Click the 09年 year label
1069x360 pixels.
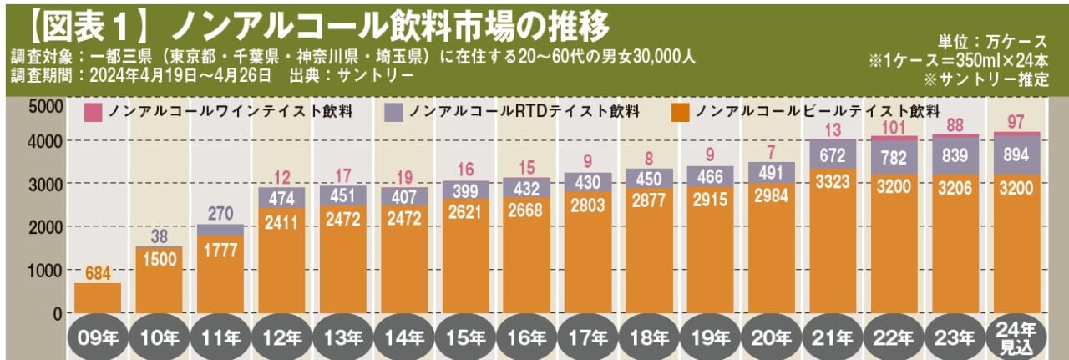[x=98, y=339]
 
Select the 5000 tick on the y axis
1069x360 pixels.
[x=44, y=107]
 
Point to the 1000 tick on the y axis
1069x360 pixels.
[x=44, y=271]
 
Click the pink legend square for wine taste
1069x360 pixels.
[x=94, y=112]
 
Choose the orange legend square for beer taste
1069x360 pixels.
[x=681, y=112]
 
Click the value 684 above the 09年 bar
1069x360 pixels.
[x=98, y=271]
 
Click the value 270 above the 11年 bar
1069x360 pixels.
[x=220, y=213]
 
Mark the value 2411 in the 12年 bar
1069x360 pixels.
[x=281, y=223]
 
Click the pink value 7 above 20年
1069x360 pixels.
[x=771, y=150]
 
